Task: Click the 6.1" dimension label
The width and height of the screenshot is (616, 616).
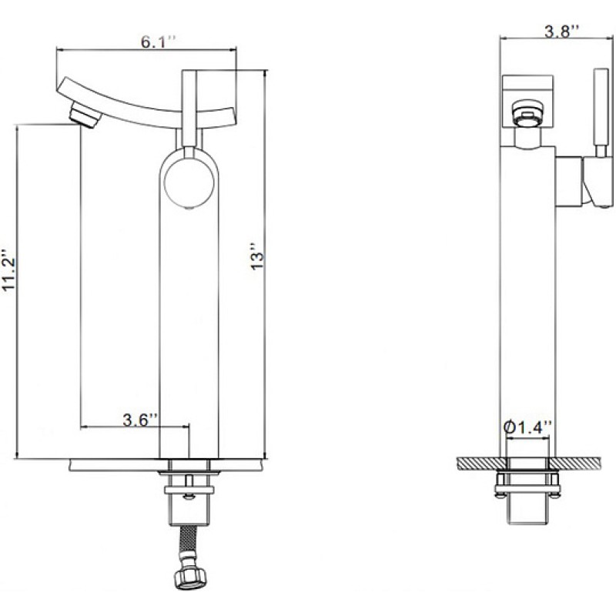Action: (159, 42)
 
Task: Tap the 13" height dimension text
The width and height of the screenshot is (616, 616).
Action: (257, 256)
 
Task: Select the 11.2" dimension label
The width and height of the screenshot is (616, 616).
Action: (8, 270)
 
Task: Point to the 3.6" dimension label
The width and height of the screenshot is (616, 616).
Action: (140, 420)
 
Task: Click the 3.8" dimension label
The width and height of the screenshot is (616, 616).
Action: (561, 31)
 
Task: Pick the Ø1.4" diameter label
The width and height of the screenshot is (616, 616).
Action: (527, 427)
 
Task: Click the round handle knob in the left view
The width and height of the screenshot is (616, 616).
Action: (189, 182)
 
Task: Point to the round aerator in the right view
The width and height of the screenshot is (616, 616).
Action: (527, 114)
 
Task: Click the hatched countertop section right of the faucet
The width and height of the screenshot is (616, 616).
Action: (574, 464)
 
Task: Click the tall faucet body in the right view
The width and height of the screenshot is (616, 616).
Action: (527, 303)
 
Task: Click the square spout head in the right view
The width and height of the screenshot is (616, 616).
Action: (528, 100)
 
